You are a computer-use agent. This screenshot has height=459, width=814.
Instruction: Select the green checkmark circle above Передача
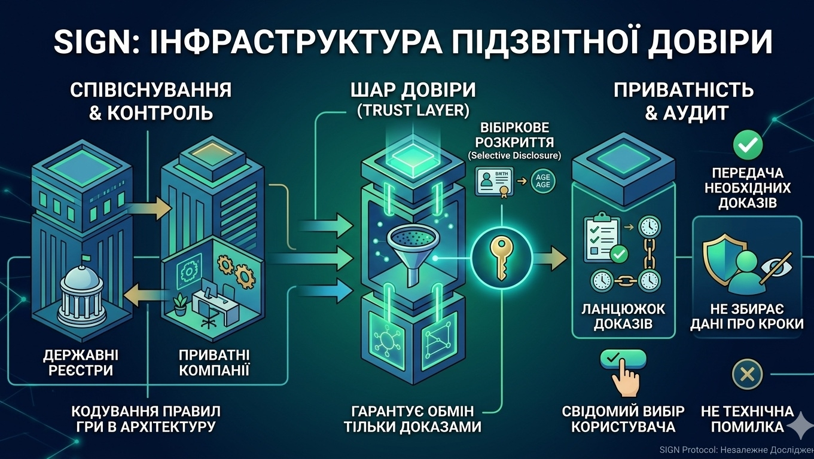(x=748, y=143)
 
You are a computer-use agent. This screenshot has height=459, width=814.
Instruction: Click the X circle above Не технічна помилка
(x=747, y=375)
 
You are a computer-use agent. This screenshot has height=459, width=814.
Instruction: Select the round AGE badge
(x=542, y=180)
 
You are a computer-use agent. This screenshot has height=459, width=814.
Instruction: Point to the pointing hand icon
(x=624, y=374)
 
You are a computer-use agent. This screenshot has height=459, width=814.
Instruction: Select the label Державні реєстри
(x=78, y=362)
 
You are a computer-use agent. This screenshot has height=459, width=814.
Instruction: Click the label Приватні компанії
(x=214, y=362)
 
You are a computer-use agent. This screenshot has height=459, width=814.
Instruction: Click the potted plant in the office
(x=180, y=305)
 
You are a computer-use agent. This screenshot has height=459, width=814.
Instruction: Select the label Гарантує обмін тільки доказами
(x=413, y=419)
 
